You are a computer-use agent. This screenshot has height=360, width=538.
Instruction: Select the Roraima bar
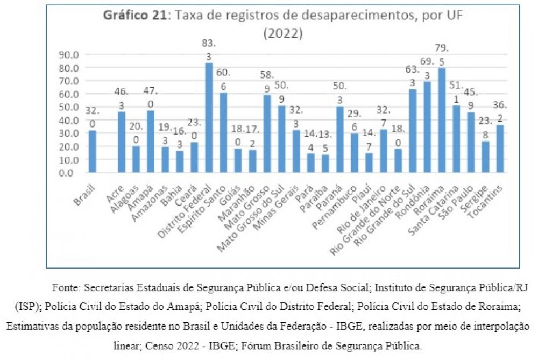[x=442, y=120]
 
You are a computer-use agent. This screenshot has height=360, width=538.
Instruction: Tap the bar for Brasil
[x=93, y=151]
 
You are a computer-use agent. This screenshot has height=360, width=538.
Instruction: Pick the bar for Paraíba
[x=325, y=164]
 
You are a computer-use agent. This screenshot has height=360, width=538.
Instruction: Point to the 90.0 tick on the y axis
[x=69, y=55]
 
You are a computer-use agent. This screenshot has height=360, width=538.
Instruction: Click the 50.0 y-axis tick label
[x=69, y=107]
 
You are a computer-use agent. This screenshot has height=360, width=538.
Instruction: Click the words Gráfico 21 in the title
[x=136, y=16]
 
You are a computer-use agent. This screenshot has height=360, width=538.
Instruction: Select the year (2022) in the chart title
[x=283, y=33]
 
